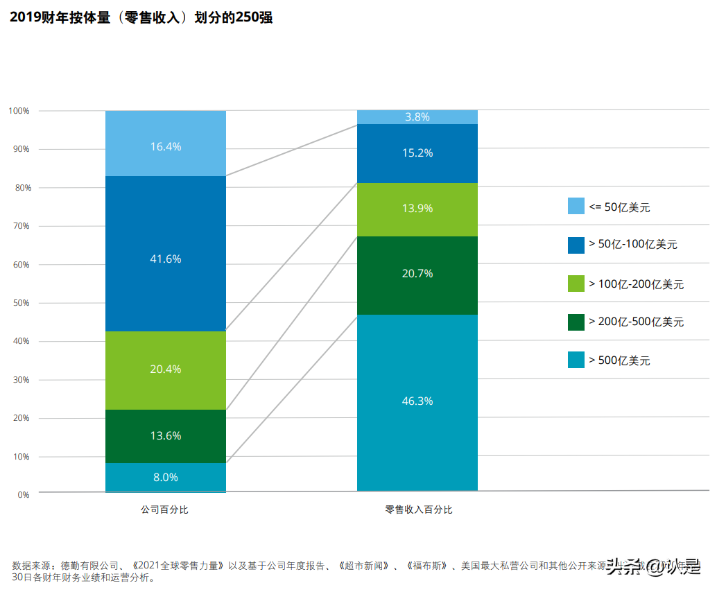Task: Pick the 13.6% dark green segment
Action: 166,436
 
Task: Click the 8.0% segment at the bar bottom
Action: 166,478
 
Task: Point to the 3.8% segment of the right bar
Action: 417,117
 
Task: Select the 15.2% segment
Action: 417,153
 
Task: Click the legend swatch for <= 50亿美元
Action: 576,206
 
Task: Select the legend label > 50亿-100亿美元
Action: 632,245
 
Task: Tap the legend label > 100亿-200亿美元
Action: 636,284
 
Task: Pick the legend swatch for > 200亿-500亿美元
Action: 576,322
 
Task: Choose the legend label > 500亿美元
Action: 619,360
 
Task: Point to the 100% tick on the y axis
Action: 19,111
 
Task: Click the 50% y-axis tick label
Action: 21,303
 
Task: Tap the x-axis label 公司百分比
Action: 165,510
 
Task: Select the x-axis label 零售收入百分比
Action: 418,510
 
